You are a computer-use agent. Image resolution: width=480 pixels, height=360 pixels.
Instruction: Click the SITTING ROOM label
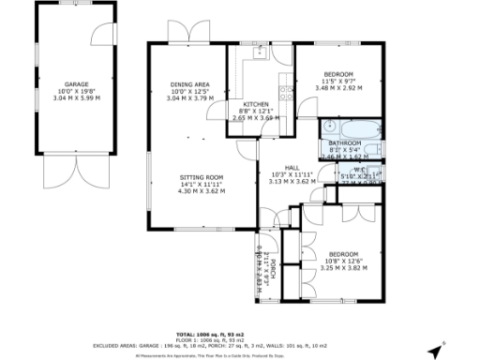click(x=202, y=177)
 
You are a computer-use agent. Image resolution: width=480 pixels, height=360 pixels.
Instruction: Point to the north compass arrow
click(x=434, y=350)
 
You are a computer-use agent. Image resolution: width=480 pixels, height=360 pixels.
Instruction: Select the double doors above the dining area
click(x=181, y=32)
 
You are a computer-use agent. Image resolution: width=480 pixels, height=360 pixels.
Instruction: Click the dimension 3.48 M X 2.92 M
click(x=338, y=89)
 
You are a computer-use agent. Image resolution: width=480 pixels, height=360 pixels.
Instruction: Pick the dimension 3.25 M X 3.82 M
click(x=342, y=267)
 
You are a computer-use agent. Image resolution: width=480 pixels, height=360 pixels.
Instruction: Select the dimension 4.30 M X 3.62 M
click(x=202, y=191)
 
